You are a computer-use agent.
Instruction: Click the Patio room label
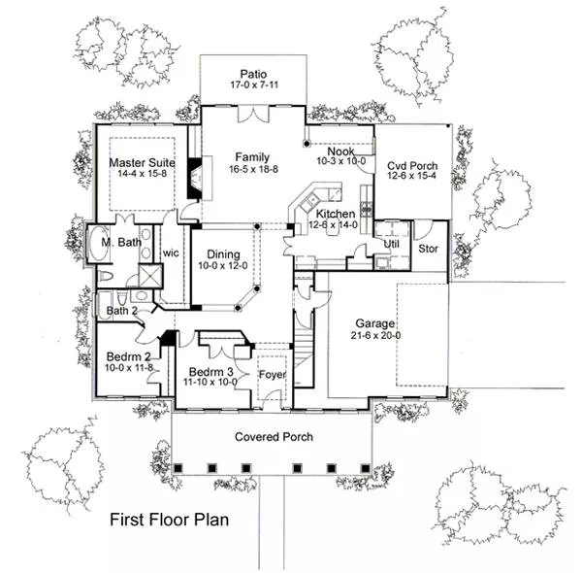(253, 74)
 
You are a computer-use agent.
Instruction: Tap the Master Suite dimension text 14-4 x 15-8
(143, 174)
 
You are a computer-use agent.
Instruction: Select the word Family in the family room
(252, 157)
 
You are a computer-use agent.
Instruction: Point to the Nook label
(340, 152)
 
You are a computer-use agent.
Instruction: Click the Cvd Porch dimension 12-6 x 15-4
(411, 176)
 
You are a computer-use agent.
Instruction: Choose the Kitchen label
(336, 214)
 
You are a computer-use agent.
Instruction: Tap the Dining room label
(223, 254)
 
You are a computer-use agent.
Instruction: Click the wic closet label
(171, 253)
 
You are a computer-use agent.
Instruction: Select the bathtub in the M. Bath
(99, 244)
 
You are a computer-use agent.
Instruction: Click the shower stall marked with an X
(150, 276)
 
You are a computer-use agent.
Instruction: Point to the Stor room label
(429, 249)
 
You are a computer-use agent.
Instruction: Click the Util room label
(392, 244)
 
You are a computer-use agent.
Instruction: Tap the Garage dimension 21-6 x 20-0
(375, 336)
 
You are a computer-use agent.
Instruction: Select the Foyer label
(273, 375)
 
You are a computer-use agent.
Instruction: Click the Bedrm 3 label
(211, 372)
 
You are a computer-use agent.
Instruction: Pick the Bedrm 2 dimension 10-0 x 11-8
(129, 368)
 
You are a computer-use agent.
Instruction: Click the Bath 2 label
(122, 311)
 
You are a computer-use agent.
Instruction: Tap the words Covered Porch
(274, 437)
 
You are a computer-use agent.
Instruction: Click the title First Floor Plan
(169, 520)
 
